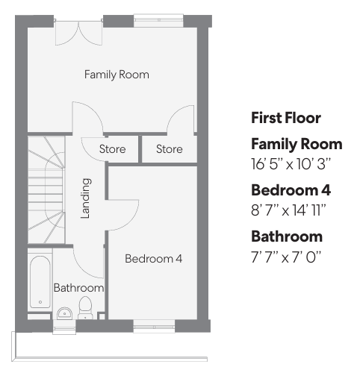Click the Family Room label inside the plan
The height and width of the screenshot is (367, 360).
pos(117,75)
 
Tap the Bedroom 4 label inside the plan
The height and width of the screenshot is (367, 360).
pos(154,259)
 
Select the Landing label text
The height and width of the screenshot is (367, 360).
pos(86,198)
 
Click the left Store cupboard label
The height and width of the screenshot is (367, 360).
pos(112,149)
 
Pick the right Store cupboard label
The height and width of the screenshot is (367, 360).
pos(170,149)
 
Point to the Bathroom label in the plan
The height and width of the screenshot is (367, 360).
pos(78,288)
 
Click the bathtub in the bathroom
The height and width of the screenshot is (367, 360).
pos(40,282)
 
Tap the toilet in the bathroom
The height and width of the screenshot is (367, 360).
pos(85,307)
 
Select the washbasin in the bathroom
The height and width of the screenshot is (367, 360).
pos(65,313)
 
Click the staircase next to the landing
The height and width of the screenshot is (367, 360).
pos(46,189)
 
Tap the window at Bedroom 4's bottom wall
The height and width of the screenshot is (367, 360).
pos(154,326)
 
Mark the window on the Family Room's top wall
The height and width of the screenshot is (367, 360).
pos(158,21)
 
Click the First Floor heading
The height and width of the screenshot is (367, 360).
pos(286,118)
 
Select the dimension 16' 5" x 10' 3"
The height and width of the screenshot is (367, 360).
pos(291,164)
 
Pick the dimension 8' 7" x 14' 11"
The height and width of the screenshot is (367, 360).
pos(288,210)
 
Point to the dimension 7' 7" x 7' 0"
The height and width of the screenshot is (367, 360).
pos(286,257)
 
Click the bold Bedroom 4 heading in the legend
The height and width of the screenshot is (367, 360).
pos(291,190)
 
